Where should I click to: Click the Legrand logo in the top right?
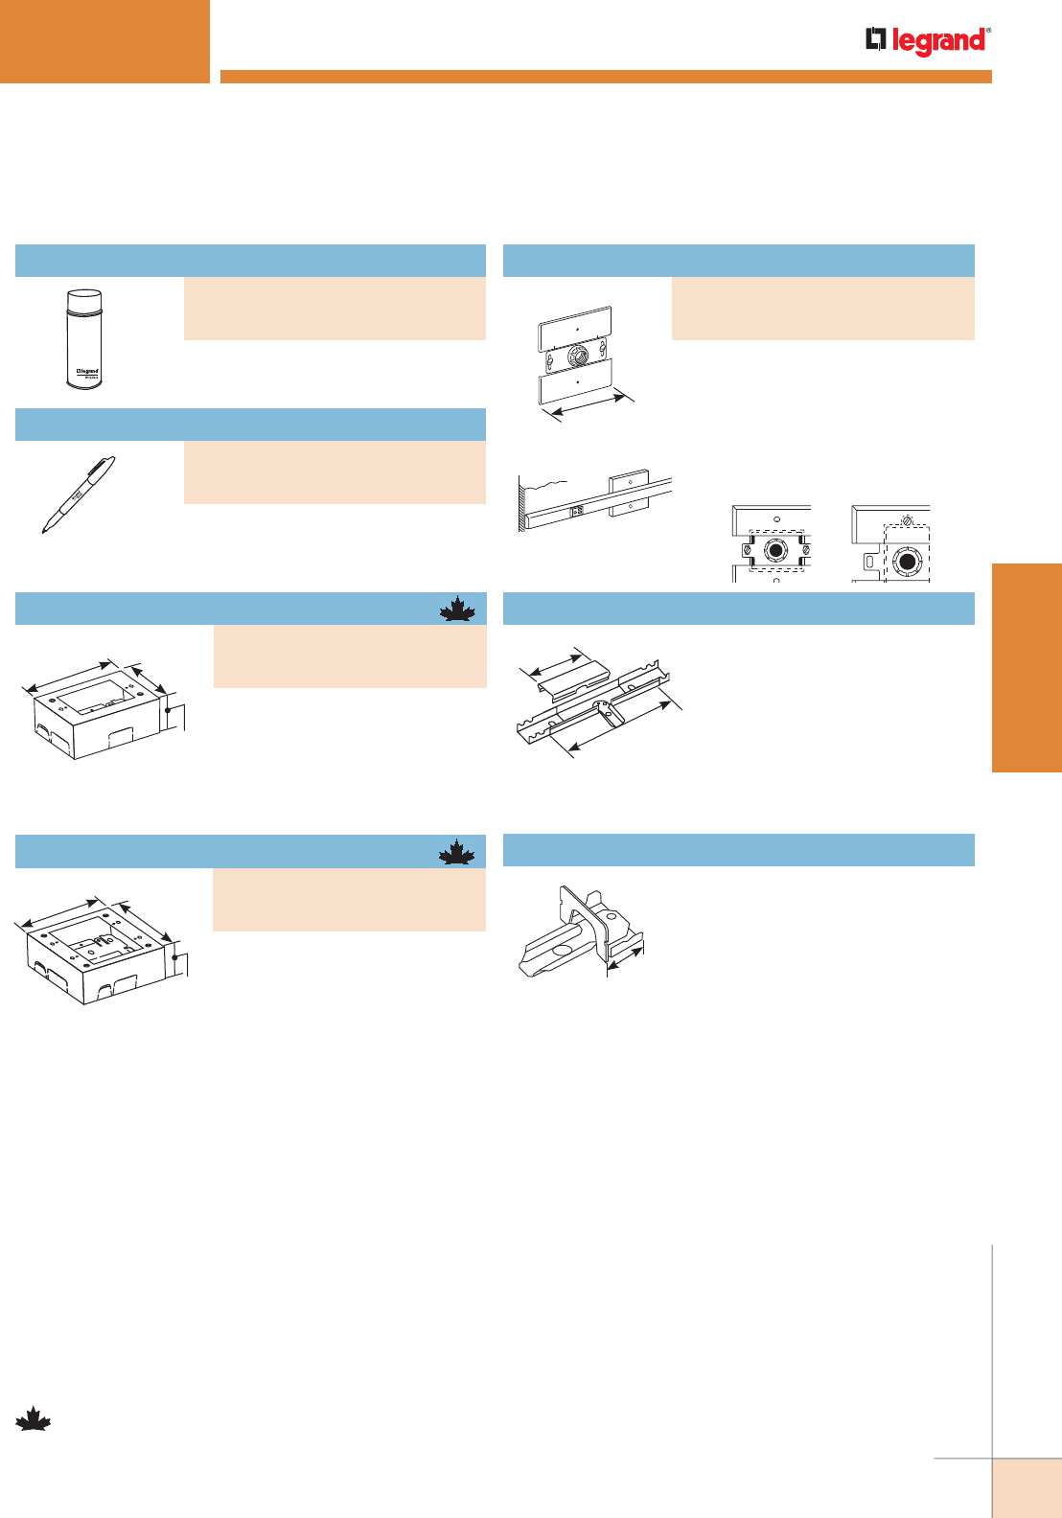point(928,41)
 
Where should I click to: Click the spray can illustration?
point(84,339)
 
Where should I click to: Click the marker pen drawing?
point(79,494)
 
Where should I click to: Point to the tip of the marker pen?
point(45,529)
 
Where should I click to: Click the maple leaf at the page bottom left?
point(33,1419)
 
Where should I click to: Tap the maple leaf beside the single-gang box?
point(457,609)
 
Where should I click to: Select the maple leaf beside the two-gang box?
point(457,852)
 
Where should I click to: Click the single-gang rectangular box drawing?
point(96,714)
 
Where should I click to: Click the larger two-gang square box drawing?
point(96,954)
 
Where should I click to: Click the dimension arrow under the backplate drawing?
point(584,405)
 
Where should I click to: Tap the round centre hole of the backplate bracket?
point(577,356)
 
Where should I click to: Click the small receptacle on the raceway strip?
point(577,511)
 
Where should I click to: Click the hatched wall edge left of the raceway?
point(521,504)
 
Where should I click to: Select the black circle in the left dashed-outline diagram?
point(774,554)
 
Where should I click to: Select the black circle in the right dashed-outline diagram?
point(905,560)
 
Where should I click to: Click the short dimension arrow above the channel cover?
point(555,661)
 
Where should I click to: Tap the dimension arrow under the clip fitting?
point(626,956)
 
